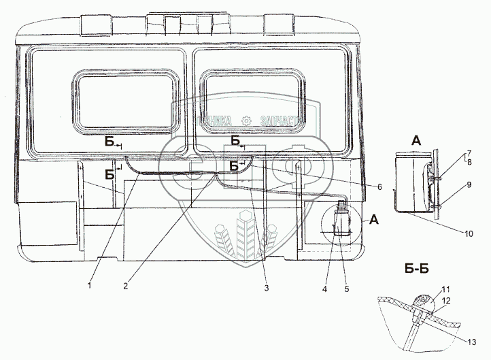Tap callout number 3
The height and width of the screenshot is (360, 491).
pos(267,287)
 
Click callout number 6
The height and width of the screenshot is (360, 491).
pos(379,186)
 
